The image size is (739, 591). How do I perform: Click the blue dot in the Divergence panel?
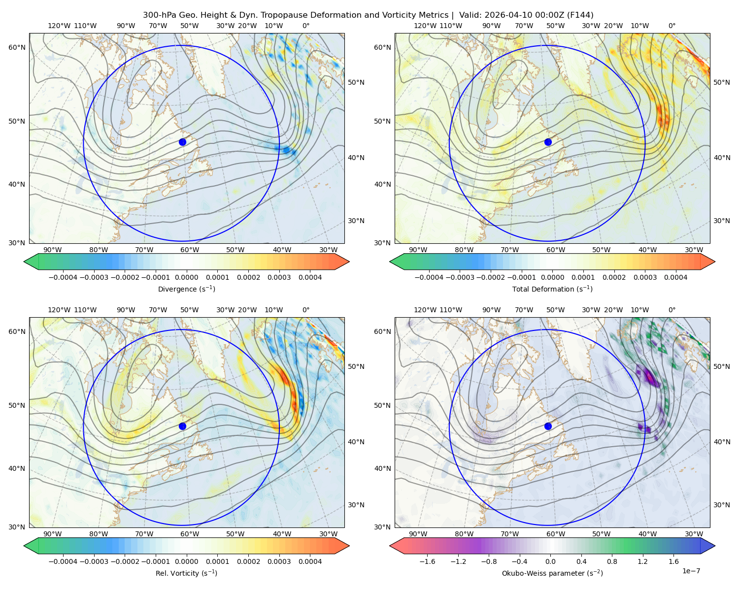[x=182, y=142]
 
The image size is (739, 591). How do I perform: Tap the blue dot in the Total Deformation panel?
[x=548, y=142]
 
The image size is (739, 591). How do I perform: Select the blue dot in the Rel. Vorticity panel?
[x=182, y=426]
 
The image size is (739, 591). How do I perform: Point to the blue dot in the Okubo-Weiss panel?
[x=548, y=426]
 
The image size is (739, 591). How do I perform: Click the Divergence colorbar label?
[x=186, y=289]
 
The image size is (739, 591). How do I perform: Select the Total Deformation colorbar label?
[x=552, y=289]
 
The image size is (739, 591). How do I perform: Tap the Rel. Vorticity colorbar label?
[x=186, y=573]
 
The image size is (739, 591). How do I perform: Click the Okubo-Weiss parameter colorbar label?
[x=552, y=573]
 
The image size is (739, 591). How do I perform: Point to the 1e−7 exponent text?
[x=691, y=571]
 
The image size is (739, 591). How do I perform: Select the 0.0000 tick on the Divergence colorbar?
[x=186, y=277]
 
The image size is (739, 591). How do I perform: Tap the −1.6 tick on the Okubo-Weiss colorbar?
[x=428, y=561]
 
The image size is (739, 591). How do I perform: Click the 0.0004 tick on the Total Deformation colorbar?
[x=675, y=277]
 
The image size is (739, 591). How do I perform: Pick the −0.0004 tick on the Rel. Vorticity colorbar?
[x=63, y=561]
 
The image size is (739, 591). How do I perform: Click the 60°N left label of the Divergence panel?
[x=17, y=47]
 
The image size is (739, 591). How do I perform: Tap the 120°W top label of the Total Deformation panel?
[x=425, y=26]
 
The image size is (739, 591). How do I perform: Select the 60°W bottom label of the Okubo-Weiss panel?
[x=556, y=534]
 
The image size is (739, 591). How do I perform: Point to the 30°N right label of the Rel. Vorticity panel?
[x=356, y=505]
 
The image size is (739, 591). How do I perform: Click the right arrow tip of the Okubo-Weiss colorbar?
[x=715, y=546]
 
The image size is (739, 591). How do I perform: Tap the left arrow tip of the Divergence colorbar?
[x=24, y=262]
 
